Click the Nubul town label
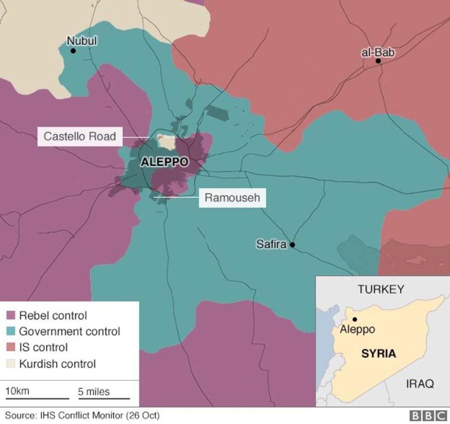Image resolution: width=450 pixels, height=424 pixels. (82, 41)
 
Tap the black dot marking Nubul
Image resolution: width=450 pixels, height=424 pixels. (73, 51)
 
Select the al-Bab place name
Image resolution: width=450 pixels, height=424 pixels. (378, 52)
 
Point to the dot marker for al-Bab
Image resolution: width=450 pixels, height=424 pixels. (378, 61)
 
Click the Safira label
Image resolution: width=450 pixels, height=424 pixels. (272, 245)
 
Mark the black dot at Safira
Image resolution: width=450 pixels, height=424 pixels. (292, 245)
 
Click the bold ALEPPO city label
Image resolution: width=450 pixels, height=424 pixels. (165, 162)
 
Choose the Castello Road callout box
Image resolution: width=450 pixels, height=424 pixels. (80, 137)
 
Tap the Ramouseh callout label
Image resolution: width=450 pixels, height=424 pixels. (232, 198)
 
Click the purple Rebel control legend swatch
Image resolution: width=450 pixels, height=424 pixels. (11, 316)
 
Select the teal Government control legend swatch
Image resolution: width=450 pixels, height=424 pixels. (11, 331)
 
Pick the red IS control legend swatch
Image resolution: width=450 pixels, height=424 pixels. (11, 347)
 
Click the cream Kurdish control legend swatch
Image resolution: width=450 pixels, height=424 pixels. (11, 364)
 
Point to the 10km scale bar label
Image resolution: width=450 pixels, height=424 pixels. (18, 391)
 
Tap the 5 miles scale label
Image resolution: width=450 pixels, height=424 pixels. (94, 392)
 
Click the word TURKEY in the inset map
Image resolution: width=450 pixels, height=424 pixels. (381, 289)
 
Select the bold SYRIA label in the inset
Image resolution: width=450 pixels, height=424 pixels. (378, 354)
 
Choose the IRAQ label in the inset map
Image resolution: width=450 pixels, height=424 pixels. (420, 383)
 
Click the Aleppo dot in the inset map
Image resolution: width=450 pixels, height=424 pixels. (355, 319)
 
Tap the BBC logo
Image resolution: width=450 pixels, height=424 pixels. (428, 416)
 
